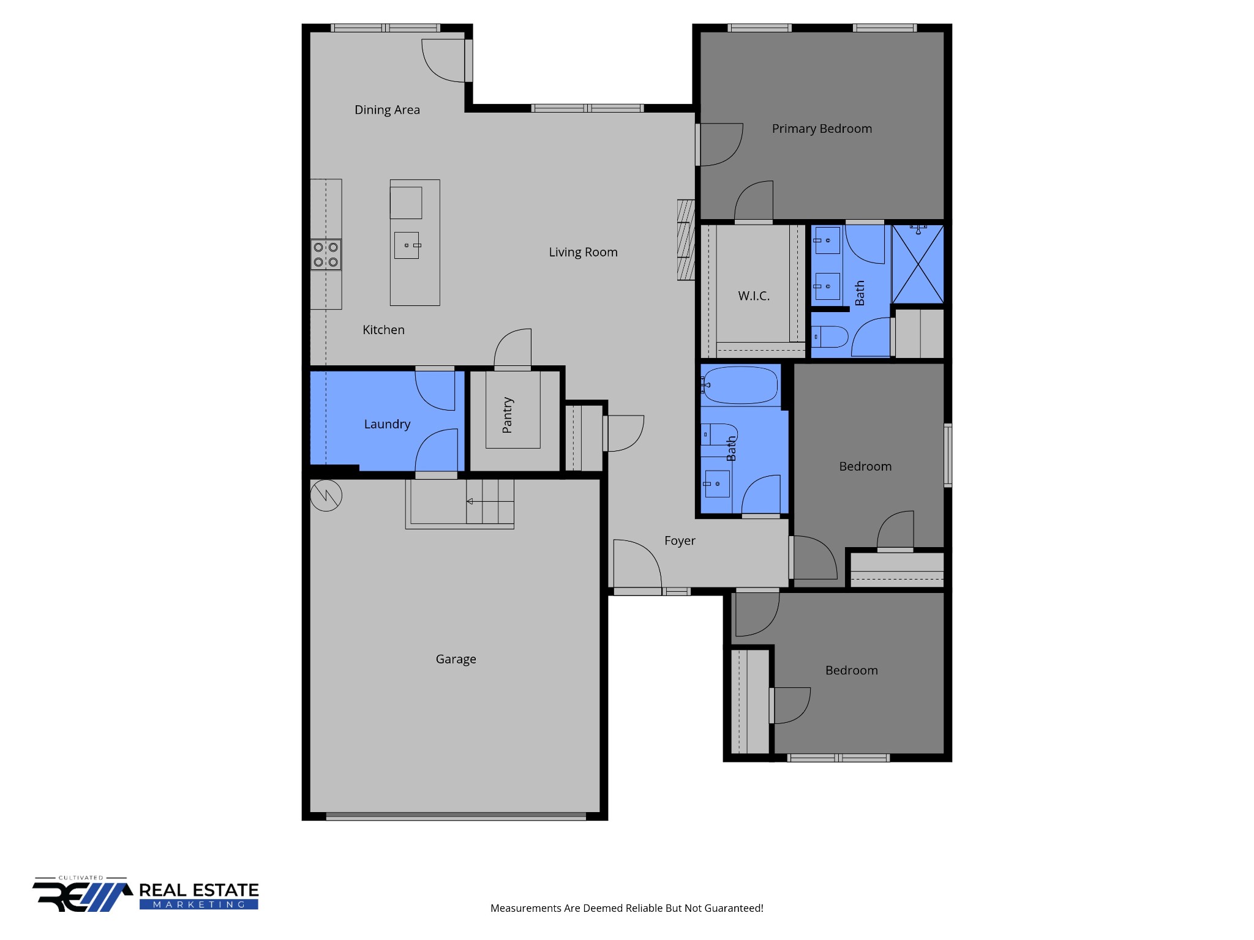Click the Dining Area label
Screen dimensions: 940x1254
[x=387, y=110]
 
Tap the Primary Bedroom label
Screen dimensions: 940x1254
[x=822, y=129]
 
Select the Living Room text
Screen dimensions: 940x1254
[x=583, y=252]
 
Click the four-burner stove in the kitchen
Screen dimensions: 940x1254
[x=326, y=255]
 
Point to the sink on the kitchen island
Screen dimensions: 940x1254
[x=407, y=245]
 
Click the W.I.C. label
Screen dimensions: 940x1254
[x=754, y=296]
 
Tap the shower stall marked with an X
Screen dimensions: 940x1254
[x=918, y=264]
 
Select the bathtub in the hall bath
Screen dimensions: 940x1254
[x=740, y=385]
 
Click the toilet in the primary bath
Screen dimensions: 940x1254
[x=830, y=337]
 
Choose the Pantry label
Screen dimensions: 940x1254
[x=508, y=416]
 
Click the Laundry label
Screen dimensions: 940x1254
[x=387, y=424]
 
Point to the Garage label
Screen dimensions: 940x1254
[x=456, y=659]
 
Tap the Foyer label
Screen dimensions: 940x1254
[x=680, y=541]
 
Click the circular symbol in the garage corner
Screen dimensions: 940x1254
[x=326, y=495]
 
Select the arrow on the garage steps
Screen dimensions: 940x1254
[x=470, y=501]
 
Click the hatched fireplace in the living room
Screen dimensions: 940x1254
[x=686, y=240]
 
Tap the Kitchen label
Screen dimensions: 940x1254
[x=383, y=330]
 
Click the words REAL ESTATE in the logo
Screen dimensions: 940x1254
[x=199, y=890]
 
